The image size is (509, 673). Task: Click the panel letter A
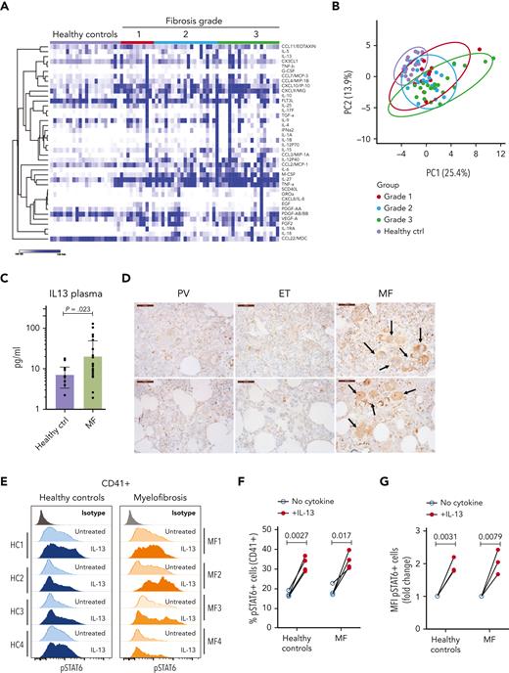(7, 7)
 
